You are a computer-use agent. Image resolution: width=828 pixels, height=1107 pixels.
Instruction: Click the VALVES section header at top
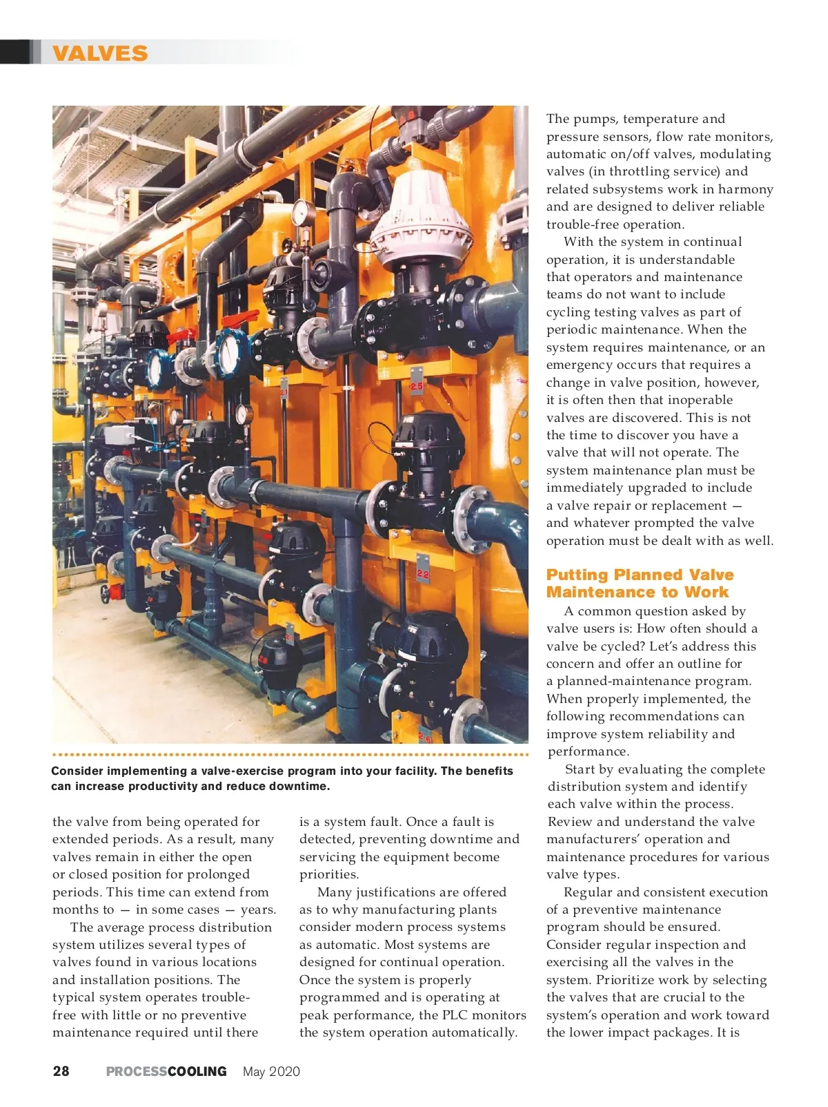[100, 53]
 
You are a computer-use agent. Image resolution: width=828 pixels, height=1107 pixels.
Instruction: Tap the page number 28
[61, 1071]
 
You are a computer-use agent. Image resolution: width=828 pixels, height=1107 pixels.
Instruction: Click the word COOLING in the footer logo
[197, 1071]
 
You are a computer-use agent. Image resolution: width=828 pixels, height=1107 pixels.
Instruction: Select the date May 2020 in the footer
[271, 1071]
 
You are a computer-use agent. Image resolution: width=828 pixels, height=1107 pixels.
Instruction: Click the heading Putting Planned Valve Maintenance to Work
[640, 583]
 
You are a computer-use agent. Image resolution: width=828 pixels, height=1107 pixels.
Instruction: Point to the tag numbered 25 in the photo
[417, 387]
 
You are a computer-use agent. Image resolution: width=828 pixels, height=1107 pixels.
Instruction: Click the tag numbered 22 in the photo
[422, 574]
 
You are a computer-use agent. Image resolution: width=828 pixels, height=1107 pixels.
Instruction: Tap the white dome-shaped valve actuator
[420, 211]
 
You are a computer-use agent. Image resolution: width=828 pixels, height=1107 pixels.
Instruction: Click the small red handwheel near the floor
[104, 593]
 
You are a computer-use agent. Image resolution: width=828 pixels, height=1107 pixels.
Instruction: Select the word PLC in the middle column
[455, 1014]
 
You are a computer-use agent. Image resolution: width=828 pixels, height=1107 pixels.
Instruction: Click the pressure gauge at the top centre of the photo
[300, 213]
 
